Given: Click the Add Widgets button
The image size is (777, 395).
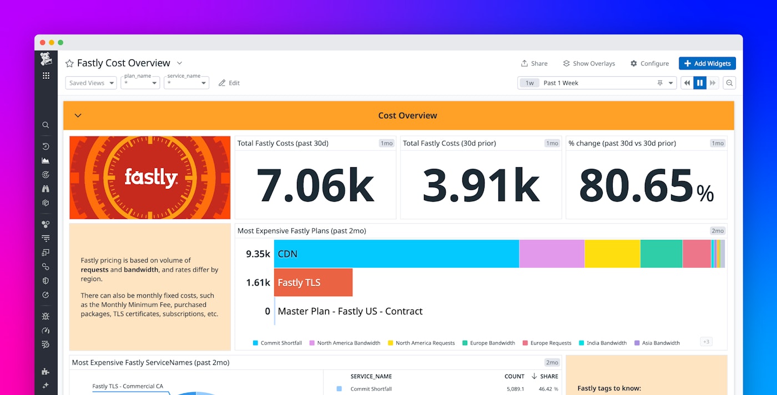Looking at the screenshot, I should pyautogui.click(x=707, y=63).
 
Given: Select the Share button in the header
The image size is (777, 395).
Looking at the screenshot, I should pyautogui.click(x=534, y=63).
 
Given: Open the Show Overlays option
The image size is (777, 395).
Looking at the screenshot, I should pyautogui.click(x=589, y=63).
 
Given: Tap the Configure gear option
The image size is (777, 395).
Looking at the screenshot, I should pyautogui.click(x=649, y=63).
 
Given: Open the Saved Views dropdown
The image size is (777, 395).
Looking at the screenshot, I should pyautogui.click(x=91, y=83).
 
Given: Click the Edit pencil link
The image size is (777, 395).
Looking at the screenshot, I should pyautogui.click(x=229, y=83).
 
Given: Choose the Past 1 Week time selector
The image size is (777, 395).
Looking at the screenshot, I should pyautogui.click(x=597, y=83).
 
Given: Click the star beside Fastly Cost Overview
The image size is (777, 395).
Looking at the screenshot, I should pyautogui.click(x=69, y=63).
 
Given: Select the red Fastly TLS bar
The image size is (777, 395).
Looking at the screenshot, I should pyautogui.click(x=314, y=282).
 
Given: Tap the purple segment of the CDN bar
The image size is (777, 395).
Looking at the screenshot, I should pyautogui.click(x=551, y=254).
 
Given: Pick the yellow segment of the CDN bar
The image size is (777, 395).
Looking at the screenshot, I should pyautogui.click(x=612, y=254).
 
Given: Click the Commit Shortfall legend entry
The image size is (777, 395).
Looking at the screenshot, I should pyautogui.click(x=277, y=343).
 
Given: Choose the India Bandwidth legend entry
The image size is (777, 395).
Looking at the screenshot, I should pyautogui.click(x=603, y=343).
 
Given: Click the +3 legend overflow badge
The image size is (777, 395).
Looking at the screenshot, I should pyautogui.click(x=706, y=342).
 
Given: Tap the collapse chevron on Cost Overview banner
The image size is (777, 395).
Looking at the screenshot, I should pyautogui.click(x=78, y=116).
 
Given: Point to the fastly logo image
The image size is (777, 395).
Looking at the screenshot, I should pyautogui.click(x=150, y=178).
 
